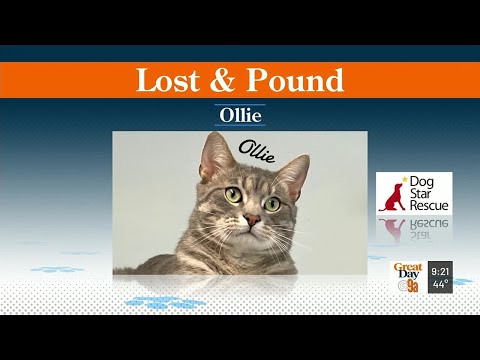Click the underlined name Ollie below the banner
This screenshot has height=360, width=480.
pos(240,115)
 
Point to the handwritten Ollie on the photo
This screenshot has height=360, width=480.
pos(256,152)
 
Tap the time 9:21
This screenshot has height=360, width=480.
pos(440,271)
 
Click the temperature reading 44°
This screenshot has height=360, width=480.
pos(440,284)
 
